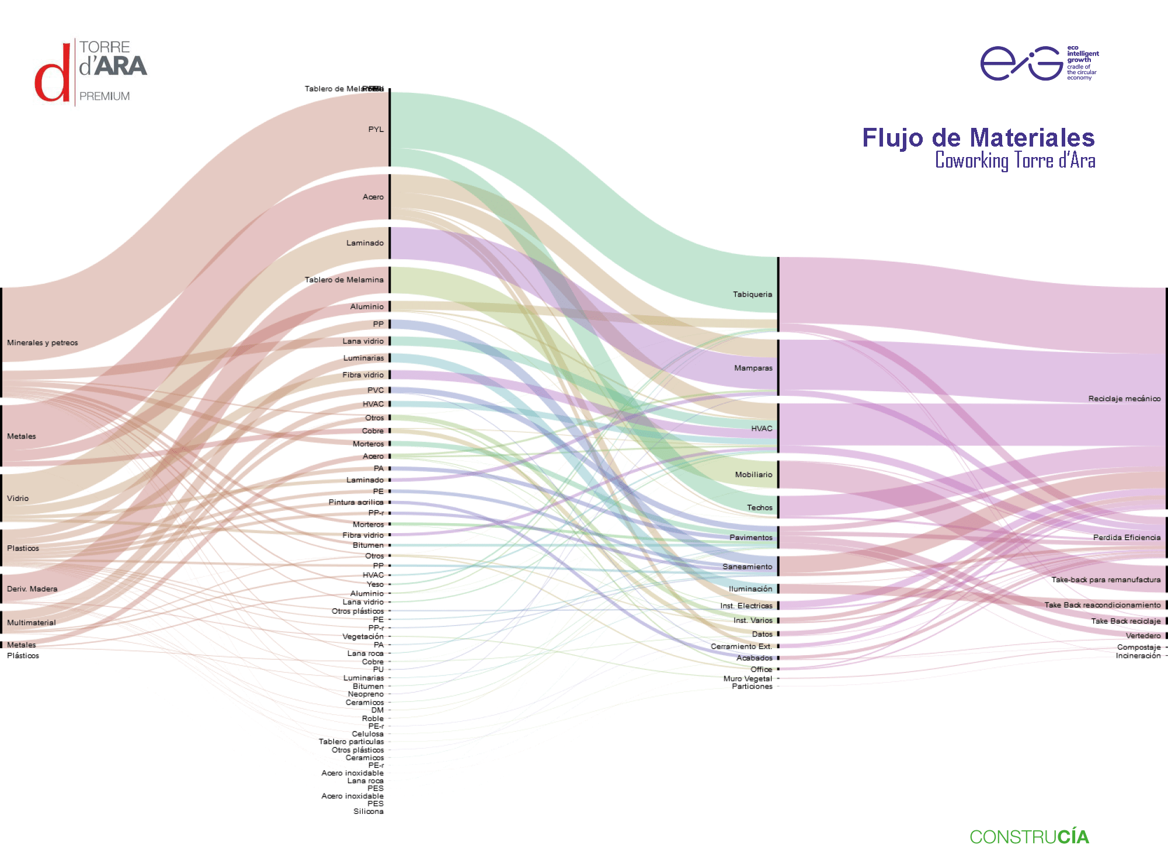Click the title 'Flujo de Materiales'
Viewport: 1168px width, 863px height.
[x=978, y=138]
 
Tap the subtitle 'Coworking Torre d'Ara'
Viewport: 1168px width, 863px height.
[x=1015, y=161]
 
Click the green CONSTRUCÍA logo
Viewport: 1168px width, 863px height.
[x=1029, y=837]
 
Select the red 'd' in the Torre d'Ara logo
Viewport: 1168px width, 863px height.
[x=52, y=79]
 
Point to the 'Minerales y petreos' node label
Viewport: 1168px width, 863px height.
[x=43, y=343]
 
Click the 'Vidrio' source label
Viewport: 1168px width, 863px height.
[x=18, y=498]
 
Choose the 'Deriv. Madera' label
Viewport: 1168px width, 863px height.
[x=32, y=589]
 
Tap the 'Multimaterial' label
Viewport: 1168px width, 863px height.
[x=32, y=622]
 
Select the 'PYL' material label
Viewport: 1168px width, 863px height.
[x=376, y=129]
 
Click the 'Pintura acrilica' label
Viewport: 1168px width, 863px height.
[x=356, y=502]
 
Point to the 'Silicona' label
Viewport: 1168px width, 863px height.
[x=369, y=811]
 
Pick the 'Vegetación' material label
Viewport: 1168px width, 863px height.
[x=363, y=636]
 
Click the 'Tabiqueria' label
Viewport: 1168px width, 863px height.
[x=752, y=294]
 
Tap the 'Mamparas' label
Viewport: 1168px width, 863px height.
[x=753, y=368]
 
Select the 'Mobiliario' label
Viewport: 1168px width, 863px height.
[x=753, y=475]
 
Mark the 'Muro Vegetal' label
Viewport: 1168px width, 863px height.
[x=748, y=678]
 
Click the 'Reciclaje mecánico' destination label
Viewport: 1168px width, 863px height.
[x=1124, y=399]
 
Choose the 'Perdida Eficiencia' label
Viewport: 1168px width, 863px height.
[x=1127, y=537]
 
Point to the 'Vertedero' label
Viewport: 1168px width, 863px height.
[x=1143, y=635]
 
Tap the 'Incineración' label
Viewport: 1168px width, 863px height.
[x=1138, y=656]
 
